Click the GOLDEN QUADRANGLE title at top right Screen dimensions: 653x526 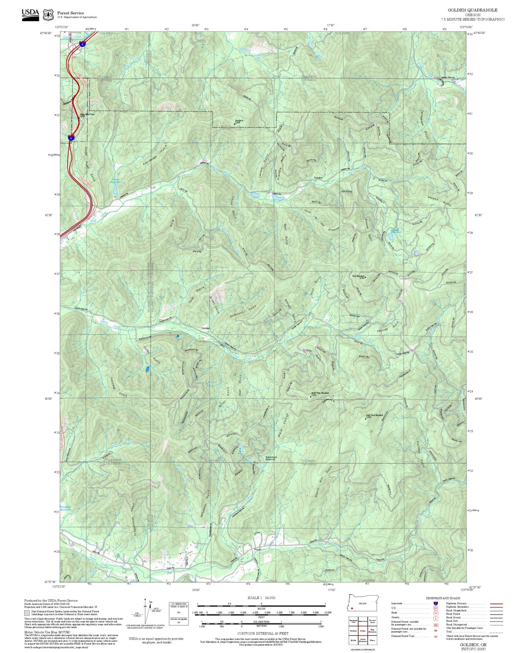point(472,10)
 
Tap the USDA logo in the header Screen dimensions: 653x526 point(30,14)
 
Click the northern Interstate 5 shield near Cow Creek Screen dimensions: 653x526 point(83,44)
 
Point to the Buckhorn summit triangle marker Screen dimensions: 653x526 point(235,123)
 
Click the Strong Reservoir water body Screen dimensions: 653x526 point(115,190)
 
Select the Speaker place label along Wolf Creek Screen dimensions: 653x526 point(319,178)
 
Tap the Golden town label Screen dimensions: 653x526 point(206,329)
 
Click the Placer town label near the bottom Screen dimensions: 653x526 point(257,549)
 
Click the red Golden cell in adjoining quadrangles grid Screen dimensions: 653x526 point(363,630)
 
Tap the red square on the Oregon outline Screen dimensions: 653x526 point(352,608)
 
